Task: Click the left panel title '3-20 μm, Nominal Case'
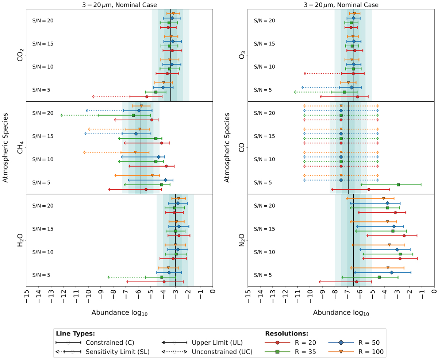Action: [x=119, y=5]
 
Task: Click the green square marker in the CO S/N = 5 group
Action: [x=398, y=185]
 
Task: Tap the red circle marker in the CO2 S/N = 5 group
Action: [x=147, y=97]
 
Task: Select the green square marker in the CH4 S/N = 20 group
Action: [x=133, y=115]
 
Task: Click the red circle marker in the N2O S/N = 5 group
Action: [x=357, y=282]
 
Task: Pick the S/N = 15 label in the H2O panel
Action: [x=43, y=229]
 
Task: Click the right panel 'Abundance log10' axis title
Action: [x=341, y=313]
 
